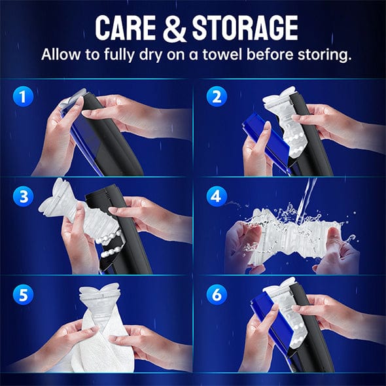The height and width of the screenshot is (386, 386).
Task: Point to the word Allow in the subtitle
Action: [x=61, y=54]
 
